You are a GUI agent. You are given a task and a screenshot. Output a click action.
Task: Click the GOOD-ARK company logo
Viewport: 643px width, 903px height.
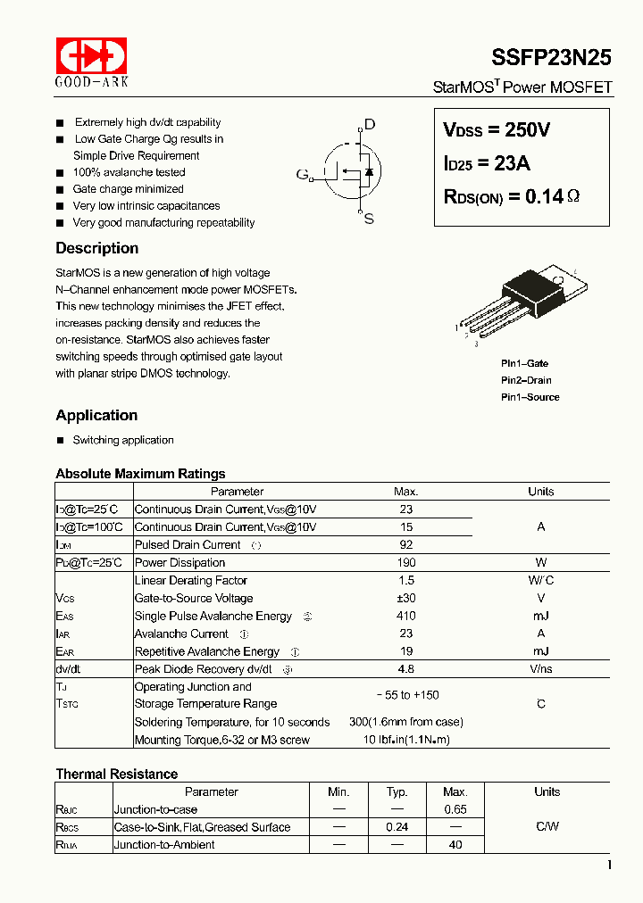click(x=92, y=62)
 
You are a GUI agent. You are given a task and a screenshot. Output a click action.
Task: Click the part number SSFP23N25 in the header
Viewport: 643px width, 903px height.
click(x=551, y=58)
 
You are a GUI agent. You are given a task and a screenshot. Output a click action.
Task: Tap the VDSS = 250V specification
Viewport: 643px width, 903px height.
click(x=497, y=130)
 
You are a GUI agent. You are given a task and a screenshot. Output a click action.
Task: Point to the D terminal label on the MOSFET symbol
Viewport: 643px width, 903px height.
click(x=370, y=125)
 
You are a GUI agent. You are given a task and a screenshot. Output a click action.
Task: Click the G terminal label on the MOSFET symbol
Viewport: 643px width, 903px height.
click(x=302, y=174)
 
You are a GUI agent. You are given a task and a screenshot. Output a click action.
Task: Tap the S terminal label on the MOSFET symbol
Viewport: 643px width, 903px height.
click(x=369, y=219)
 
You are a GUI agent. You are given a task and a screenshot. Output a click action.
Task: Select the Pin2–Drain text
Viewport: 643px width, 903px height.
click(x=526, y=380)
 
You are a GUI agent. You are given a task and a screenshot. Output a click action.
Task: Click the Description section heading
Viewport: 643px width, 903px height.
click(x=96, y=248)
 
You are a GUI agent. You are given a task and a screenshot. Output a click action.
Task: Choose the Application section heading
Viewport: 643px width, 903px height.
click(x=96, y=415)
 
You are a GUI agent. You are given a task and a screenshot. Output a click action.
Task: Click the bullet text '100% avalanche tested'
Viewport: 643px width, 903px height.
click(x=129, y=172)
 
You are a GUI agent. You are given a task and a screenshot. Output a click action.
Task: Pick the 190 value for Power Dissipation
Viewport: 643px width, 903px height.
click(x=405, y=563)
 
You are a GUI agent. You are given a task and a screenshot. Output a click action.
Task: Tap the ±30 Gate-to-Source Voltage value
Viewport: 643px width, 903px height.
click(x=405, y=599)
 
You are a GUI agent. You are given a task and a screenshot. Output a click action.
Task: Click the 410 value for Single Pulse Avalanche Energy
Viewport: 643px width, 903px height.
click(x=405, y=617)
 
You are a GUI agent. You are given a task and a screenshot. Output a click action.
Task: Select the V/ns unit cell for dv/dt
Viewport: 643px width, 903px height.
click(x=540, y=669)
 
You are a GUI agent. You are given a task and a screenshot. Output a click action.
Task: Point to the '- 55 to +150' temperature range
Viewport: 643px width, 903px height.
click(x=405, y=695)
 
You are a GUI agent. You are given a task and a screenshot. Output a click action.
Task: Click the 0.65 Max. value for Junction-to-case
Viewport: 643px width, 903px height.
click(x=455, y=809)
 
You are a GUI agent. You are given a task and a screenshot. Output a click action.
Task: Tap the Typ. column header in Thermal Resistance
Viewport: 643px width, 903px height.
click(x=397, y=791)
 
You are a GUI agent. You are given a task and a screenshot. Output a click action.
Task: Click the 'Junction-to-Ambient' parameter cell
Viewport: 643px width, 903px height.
click(x=164, y=845)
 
